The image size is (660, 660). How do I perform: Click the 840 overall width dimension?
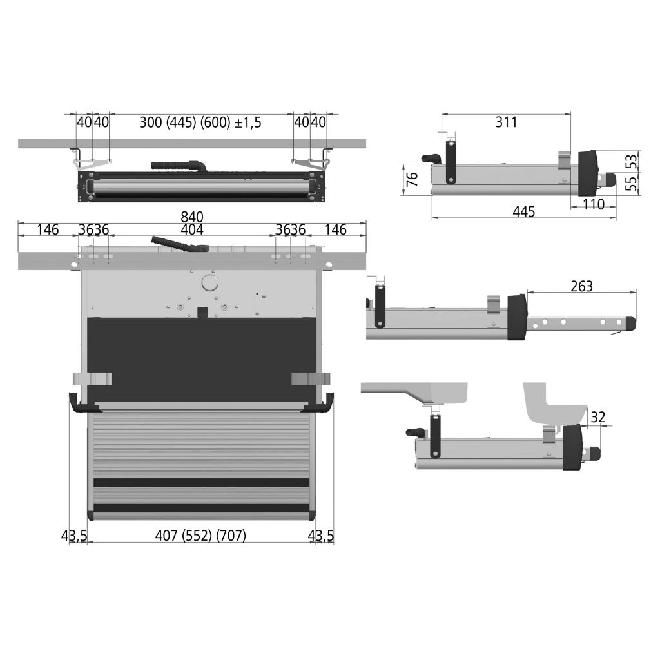[192, 217]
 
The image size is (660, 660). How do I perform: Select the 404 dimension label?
[192, 230]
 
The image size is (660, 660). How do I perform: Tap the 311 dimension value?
[506, 122]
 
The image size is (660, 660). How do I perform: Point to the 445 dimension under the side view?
[524, 211]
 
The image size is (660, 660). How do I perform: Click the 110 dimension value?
[594, 204]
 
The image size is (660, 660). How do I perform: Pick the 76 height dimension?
[412, 179]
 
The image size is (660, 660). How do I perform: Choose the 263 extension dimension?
[582, 286]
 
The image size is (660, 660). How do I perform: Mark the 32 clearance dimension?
[598, 417]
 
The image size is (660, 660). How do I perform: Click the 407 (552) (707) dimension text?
[201, 536]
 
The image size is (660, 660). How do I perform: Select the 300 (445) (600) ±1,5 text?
[200, 122]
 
